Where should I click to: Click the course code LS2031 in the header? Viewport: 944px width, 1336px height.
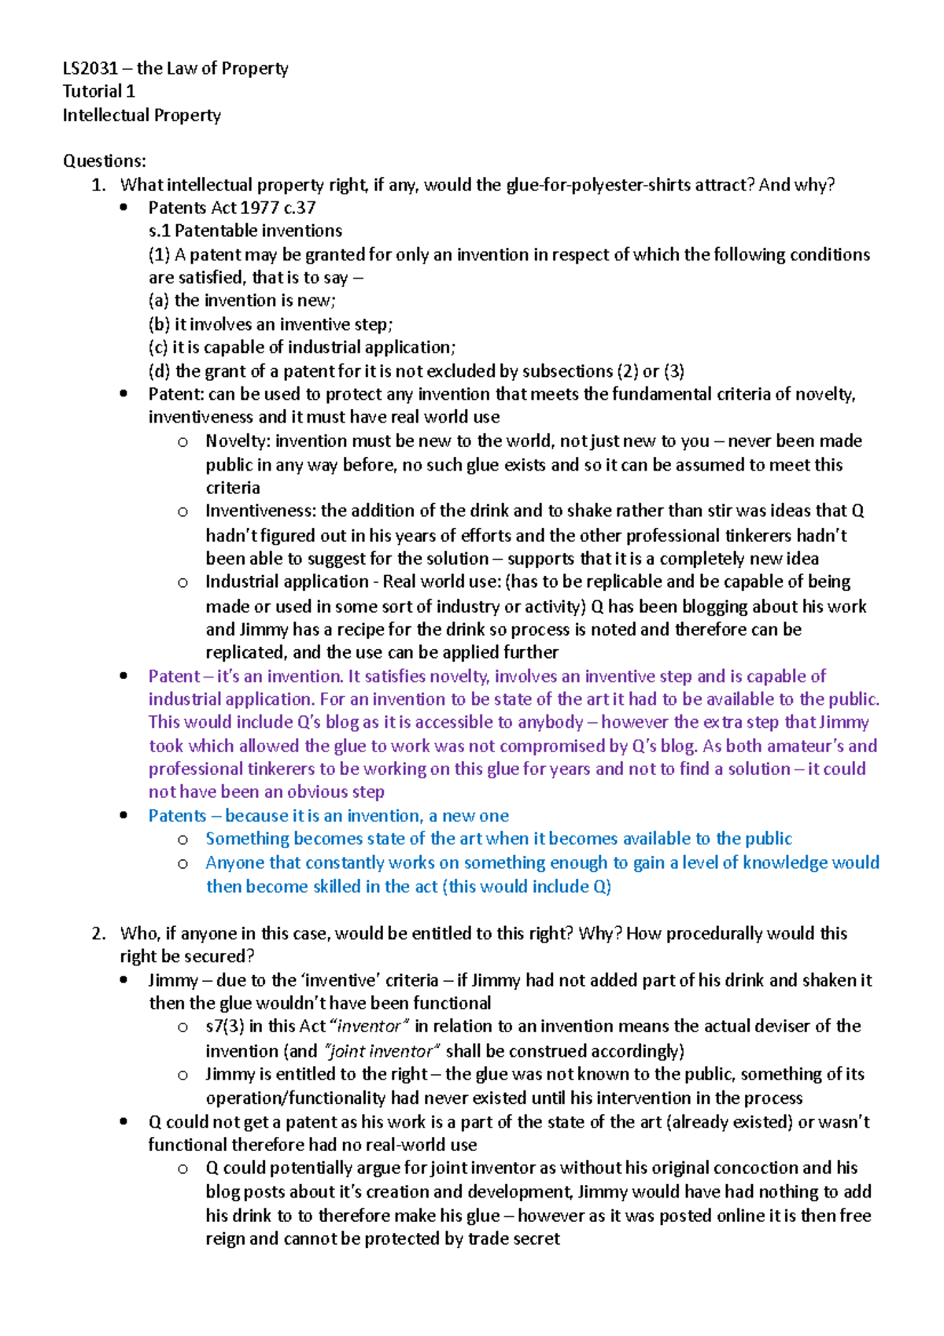[x=90, y=68]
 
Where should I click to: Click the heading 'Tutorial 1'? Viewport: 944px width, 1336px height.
[x=98, y=91]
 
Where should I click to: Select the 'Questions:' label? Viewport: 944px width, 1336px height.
[x=104, y=161]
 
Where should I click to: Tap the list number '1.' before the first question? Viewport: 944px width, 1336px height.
[x=98, y=185]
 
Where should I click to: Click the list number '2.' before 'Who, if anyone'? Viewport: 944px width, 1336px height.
[x=98, y=933]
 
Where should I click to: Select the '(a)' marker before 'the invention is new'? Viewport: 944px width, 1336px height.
[x=160, y=301]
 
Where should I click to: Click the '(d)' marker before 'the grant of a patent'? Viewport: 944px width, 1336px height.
[x=160, y=371]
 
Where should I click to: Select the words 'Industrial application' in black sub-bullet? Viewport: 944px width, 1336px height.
[x=286, y=581]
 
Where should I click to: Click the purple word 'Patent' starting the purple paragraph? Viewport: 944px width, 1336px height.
[x=174, y=676]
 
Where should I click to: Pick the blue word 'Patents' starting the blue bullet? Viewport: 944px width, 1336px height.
[x=177, y=816]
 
